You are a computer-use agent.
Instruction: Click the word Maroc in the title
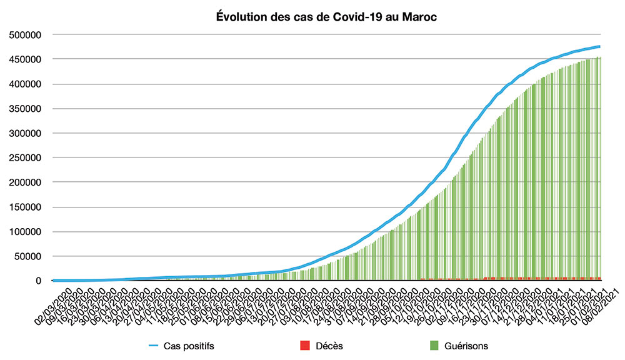click(x=418, y=17)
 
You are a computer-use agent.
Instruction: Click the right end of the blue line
click(x=599, y=46)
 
